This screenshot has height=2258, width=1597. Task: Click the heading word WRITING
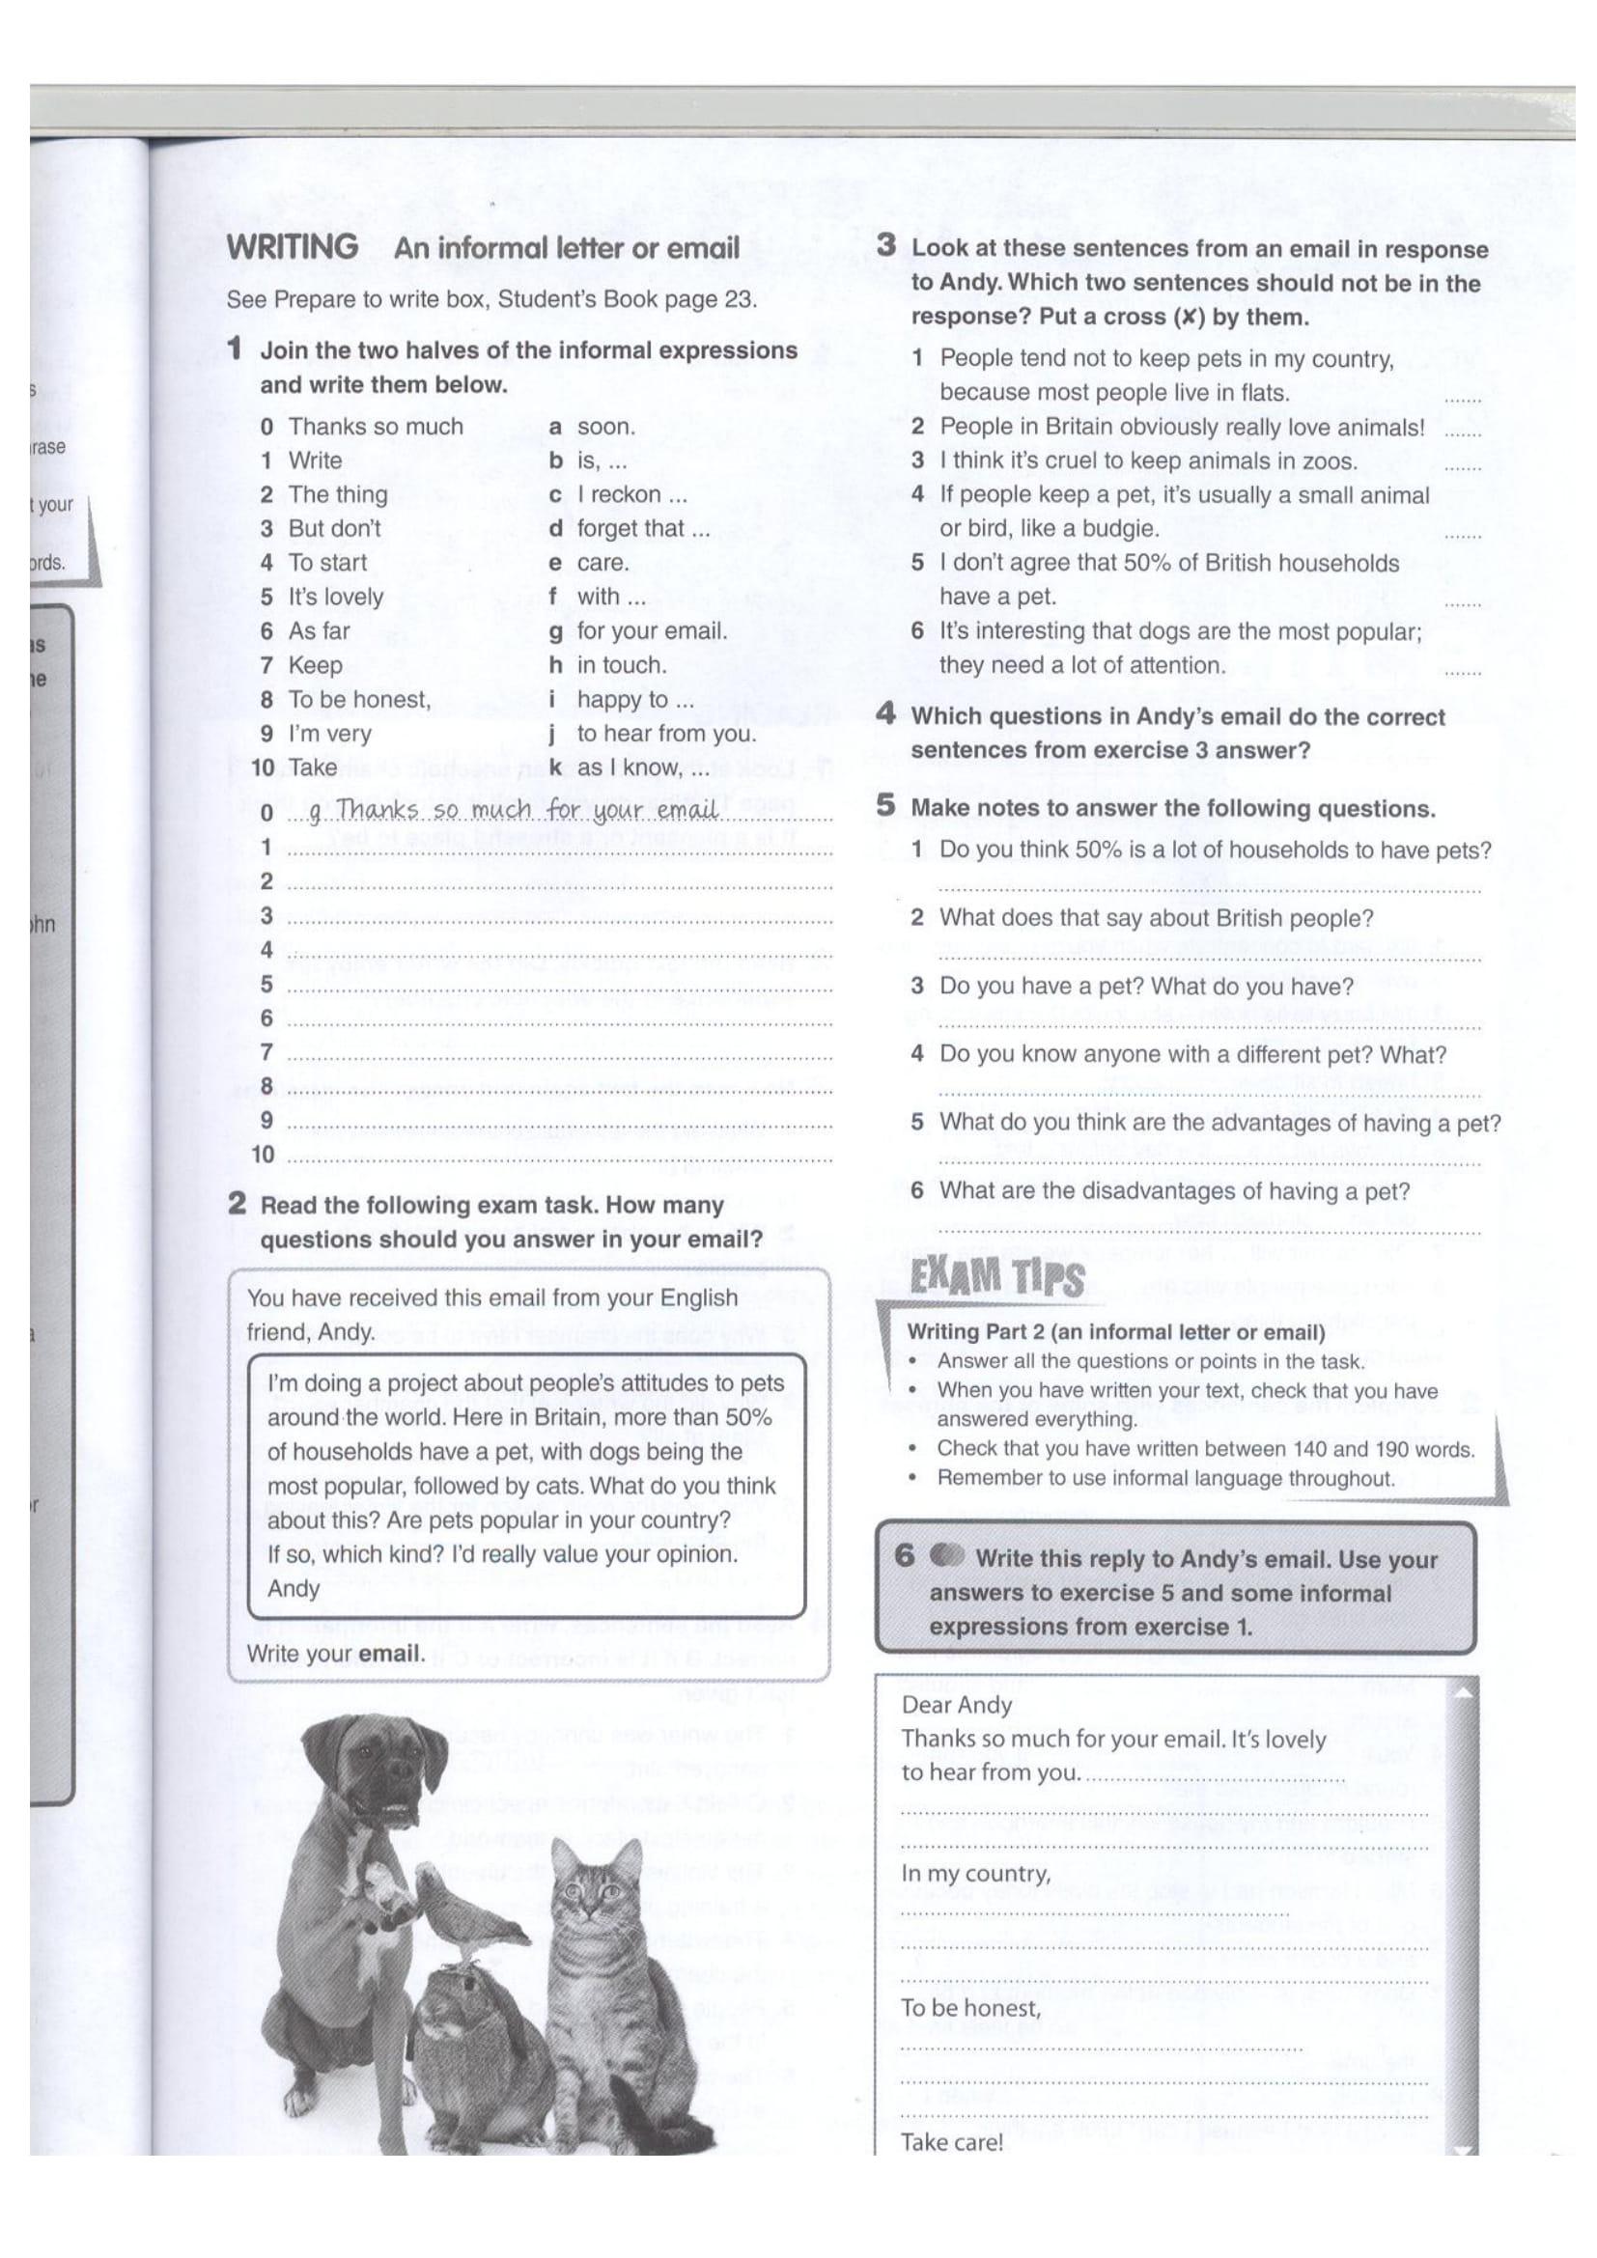(294, 247)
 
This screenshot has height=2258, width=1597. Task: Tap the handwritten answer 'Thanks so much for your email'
(527, 810)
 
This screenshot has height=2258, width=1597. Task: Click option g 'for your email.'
(651, 631)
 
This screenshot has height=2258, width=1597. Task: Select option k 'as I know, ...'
(642, 768)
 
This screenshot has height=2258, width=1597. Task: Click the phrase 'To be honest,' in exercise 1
(359, 699)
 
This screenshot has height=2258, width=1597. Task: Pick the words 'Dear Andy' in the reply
(957, 1704)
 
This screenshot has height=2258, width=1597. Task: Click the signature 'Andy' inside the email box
(294, 1588)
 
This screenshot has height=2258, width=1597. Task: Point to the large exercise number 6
(904, 1556)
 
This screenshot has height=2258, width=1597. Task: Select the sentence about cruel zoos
(1148, 460)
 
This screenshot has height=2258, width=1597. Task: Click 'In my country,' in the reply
(975, 1874)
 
